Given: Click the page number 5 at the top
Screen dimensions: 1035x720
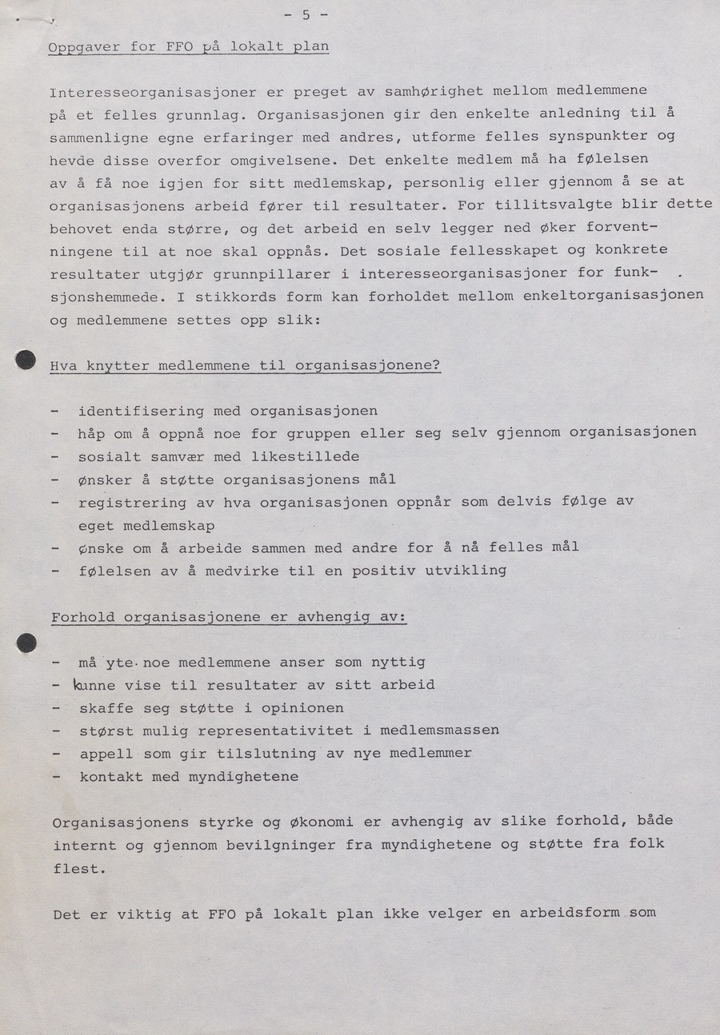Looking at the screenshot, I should [x=306, y=15].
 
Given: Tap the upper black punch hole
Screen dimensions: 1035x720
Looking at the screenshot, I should [x=26, y=360].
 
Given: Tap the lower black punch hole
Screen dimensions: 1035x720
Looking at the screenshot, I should [x=26, y=642].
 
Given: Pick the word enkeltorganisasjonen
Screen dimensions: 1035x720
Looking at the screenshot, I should [x=614, y=296].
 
